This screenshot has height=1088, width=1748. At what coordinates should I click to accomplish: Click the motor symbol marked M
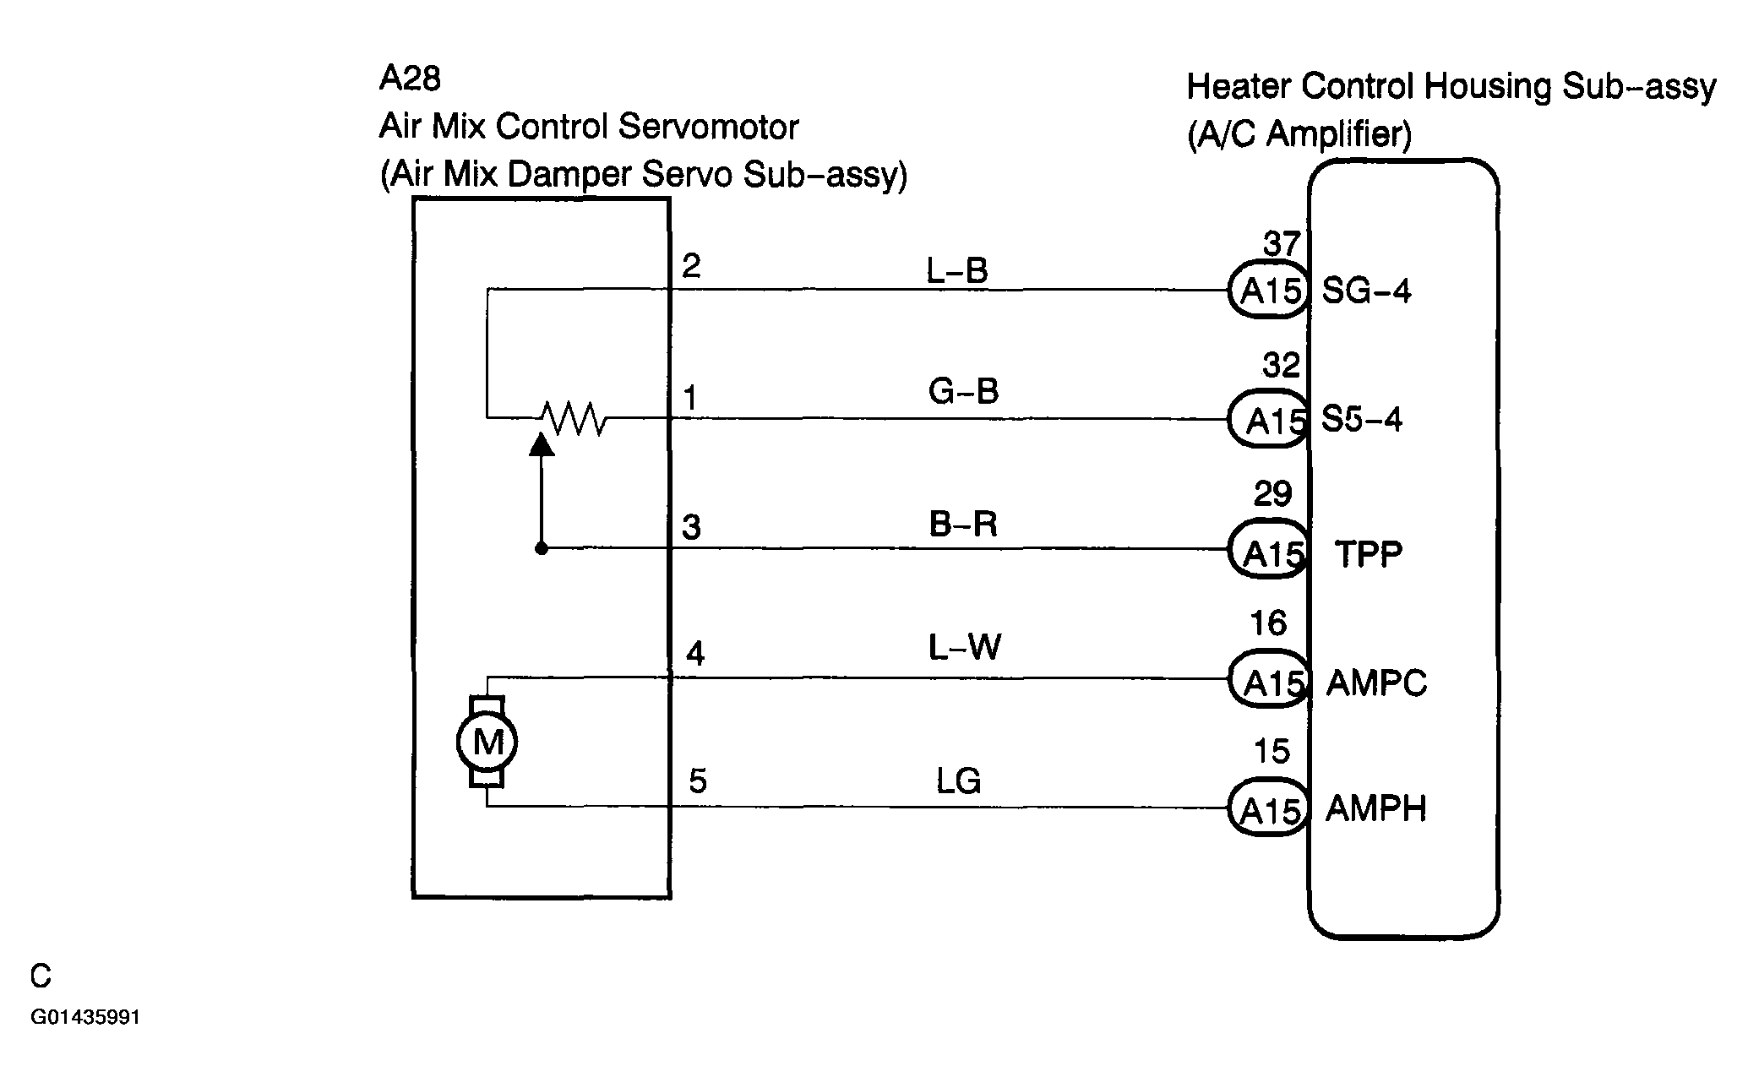pyautogui.click(x=487, y=742)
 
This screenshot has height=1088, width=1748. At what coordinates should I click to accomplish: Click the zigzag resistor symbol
pyautogui.click(x=572, y=417)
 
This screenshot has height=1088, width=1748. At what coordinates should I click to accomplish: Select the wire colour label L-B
pyautogui.click(x=957, y=270)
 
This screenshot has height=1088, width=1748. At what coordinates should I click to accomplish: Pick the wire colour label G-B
pyautogui.click(x=963, y=391)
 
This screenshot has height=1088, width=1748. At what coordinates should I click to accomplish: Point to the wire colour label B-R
pyautogui.click(x=963, y=524)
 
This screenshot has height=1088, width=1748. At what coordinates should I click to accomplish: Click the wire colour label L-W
pyautogui.click(x=965, y=648)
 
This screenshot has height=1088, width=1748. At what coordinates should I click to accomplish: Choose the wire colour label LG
pyautogui.click(x=958, y=781)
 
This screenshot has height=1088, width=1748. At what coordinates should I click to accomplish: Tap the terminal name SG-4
pyautogui.click(x=1366, y=291)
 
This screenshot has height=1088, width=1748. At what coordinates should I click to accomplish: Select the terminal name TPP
pyautogui.click(x=1369, y=554)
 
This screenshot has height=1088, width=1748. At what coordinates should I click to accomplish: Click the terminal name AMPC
pyautogui.click(x=1376, y=683)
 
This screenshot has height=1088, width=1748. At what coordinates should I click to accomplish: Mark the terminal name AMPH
pyautogui.click(x=1376, y=809)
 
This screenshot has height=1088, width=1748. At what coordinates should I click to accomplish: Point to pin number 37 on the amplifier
pyautogui.click(x=1281, y=243)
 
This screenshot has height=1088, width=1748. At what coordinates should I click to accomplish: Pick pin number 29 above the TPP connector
pyautogui.click(x=1272, y=494)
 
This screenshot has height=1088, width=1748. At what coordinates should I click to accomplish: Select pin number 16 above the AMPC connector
pyautogui.click(x=1268, y=623)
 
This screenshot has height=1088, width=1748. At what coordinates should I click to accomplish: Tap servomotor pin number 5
pyautogui.click(x=697, y=781)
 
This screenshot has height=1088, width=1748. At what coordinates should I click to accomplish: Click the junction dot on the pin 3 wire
pyautogui.click(x=542, y=549)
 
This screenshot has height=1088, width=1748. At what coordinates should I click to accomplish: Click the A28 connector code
pyautogui.click(x=410, y=79)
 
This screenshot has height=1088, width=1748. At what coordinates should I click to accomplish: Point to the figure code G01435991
pyautogui.click(x=85, y=1018)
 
